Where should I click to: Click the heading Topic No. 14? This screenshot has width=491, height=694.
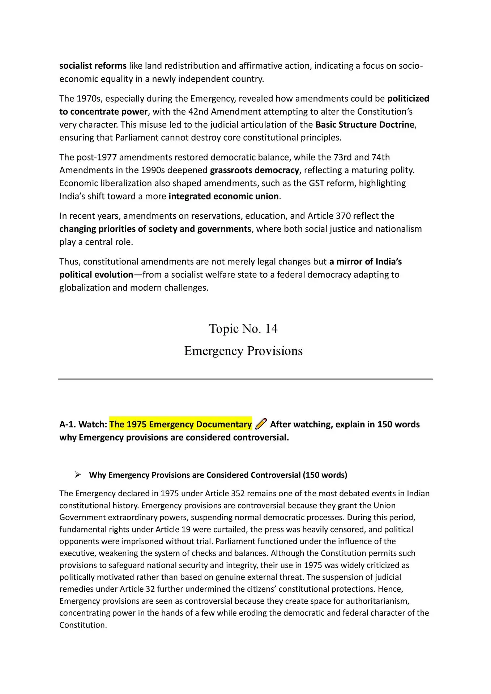pyautogui.click(x=243, y=329)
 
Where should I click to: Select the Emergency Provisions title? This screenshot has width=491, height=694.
pyautogui.click(x=243, y=351)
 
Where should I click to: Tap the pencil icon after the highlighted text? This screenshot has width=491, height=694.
pyautogui.click(x=261, y=424)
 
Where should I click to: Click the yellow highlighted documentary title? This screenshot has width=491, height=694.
pyautogui.click(x=180, y=424)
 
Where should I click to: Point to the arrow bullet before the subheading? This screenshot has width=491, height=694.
pyautogui.click(x=77, y=475)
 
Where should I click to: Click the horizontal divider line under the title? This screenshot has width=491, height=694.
pyautogui.click(x=245, y=379)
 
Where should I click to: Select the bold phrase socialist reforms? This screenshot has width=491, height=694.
pyautogui.click(x=93, y=66)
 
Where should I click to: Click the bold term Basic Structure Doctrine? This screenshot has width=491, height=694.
pyautogui.click(x=365, y=125)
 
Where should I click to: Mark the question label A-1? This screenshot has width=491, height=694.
pyautogui.click(x=68, y=424)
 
